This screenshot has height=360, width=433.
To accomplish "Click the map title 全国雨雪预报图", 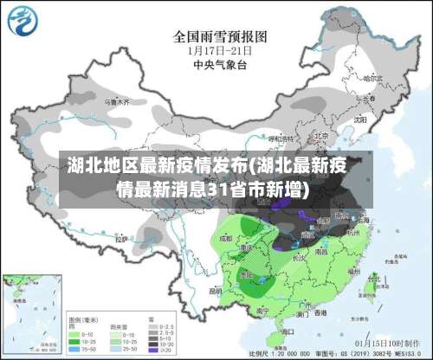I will [x=221, y=36].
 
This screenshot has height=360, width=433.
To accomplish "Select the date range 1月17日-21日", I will [x=219, y=50].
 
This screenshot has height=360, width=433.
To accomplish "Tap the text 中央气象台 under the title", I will [x=219, y=63].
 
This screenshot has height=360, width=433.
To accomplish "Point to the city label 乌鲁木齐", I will [x=115, y=102].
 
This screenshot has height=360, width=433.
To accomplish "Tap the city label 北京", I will [x=320, y=136].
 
